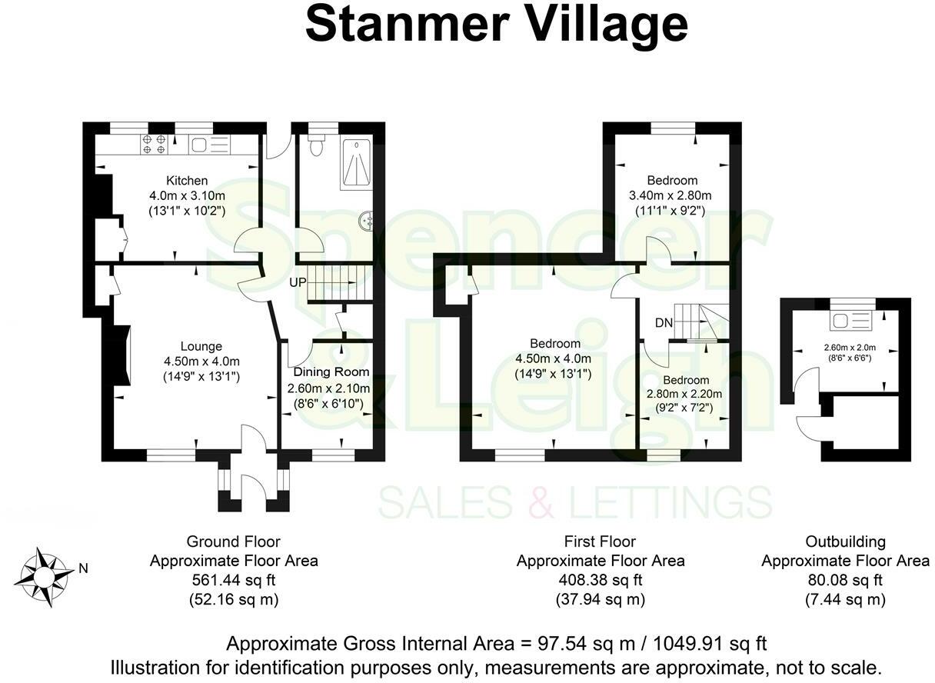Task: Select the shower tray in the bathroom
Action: [355, 164]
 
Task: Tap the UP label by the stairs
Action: [298, 282]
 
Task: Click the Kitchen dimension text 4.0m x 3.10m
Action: [188, 195]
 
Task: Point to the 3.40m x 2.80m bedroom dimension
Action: [672, 195]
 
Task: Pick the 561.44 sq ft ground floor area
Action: [234, 580]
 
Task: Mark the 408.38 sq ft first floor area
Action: [600, 580]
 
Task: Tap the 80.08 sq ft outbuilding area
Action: [845, 580]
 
